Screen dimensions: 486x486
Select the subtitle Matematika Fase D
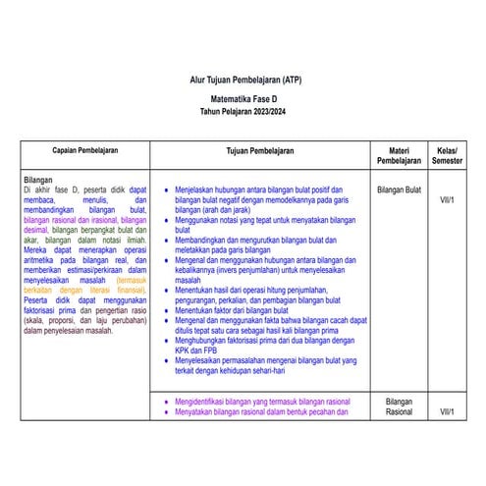(243, 100)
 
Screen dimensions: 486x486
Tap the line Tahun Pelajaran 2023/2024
(243, 114)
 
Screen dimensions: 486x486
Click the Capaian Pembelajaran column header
(85, 152)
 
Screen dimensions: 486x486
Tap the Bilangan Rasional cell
(399, 407)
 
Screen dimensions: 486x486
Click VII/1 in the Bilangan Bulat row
(448, 199)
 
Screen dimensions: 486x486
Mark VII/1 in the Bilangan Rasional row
(448, 413)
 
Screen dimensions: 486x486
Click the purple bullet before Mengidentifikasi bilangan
(164, 402)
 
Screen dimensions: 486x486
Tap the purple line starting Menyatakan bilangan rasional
(261, 412)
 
